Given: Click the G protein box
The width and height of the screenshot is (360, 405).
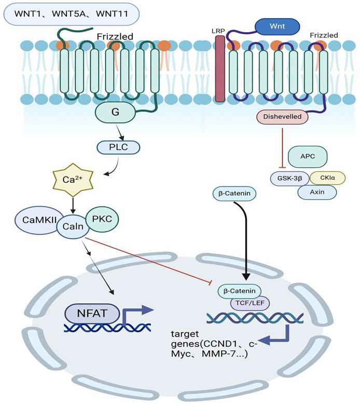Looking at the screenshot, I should (115, 112).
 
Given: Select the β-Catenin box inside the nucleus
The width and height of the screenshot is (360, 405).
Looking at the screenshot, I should (239, 291).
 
